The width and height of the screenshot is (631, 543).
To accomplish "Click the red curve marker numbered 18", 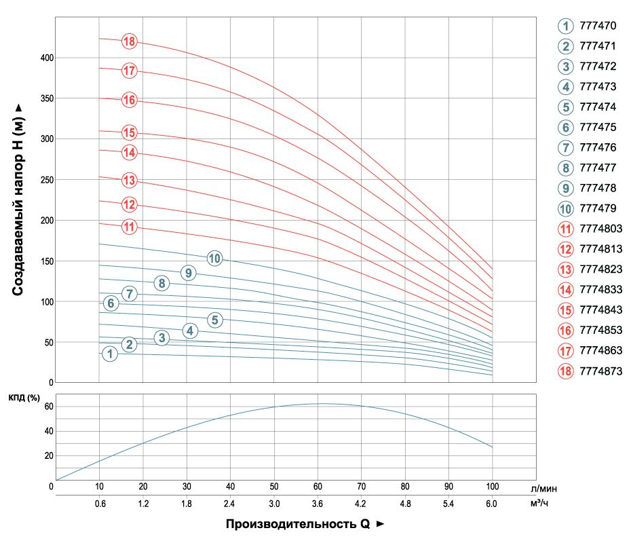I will coord(130,41).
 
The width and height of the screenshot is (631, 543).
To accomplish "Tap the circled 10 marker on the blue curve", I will coord(215,258).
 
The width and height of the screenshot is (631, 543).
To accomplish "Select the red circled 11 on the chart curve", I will coord(130,226).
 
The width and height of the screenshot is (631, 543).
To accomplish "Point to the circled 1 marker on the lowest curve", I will coord(109,354).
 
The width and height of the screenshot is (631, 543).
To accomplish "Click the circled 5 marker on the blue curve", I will coord(215,320).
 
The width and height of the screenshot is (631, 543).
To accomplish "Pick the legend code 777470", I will coord(598,26).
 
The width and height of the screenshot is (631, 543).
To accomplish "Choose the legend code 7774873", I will coord(601,371).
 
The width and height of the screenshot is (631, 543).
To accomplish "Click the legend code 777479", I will coord(598,210).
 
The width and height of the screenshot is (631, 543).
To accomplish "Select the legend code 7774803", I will coord(601,230).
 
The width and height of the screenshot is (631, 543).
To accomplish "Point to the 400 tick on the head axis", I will coord(46,58).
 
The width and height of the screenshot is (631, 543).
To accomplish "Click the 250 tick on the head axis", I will coord(46,180).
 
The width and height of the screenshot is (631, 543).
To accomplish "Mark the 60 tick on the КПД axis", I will coord(40,407).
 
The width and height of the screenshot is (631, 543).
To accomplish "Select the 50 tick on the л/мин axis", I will coord(274,487).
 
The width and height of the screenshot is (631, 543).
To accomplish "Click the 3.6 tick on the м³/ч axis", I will coord(318,504).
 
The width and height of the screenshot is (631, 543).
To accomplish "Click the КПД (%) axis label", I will coord(26,397).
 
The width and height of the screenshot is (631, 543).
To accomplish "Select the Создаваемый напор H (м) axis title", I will coord(18,200).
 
